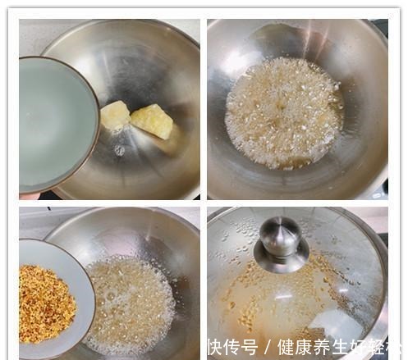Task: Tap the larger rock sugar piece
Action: coord(153,121)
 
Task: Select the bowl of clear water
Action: coord(57,123)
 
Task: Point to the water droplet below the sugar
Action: coord(120,150)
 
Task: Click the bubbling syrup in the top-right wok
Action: coord(283,111)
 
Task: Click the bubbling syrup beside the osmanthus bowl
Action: coord(131,303)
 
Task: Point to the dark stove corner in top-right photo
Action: coord(381,25)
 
